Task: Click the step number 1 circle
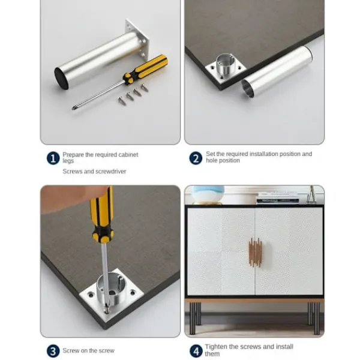[x=53, y=158]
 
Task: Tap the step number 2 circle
[x=196, y=158]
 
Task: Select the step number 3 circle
[x=53, y=351]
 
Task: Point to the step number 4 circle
[x=196, y=350]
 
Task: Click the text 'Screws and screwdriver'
[x=94, y=172]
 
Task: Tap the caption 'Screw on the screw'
[x=88, y=351]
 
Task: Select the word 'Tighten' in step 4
[x=216, y=347]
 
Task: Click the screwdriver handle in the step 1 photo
[x=145, y=68]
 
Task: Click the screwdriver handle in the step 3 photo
[x=101, y=214]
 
